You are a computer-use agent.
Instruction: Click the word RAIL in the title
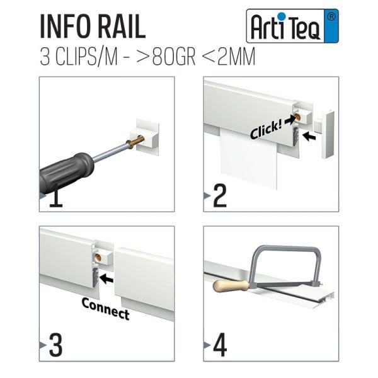122,26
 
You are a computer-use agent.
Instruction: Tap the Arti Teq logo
292,26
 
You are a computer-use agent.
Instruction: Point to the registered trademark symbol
332,17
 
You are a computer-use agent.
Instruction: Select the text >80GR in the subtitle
166,57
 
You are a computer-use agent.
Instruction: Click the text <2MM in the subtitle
228,57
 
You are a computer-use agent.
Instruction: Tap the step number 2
220,195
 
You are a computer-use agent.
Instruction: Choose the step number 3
55,345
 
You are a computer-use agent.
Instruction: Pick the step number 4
220,345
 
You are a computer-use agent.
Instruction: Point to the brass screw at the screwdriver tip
137,142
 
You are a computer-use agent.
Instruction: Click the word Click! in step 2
266,130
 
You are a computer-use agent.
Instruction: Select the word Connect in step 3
106,309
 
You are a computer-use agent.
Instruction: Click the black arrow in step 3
106,279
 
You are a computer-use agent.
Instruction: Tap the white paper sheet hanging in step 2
248,159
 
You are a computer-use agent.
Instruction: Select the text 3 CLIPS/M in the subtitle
79,57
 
